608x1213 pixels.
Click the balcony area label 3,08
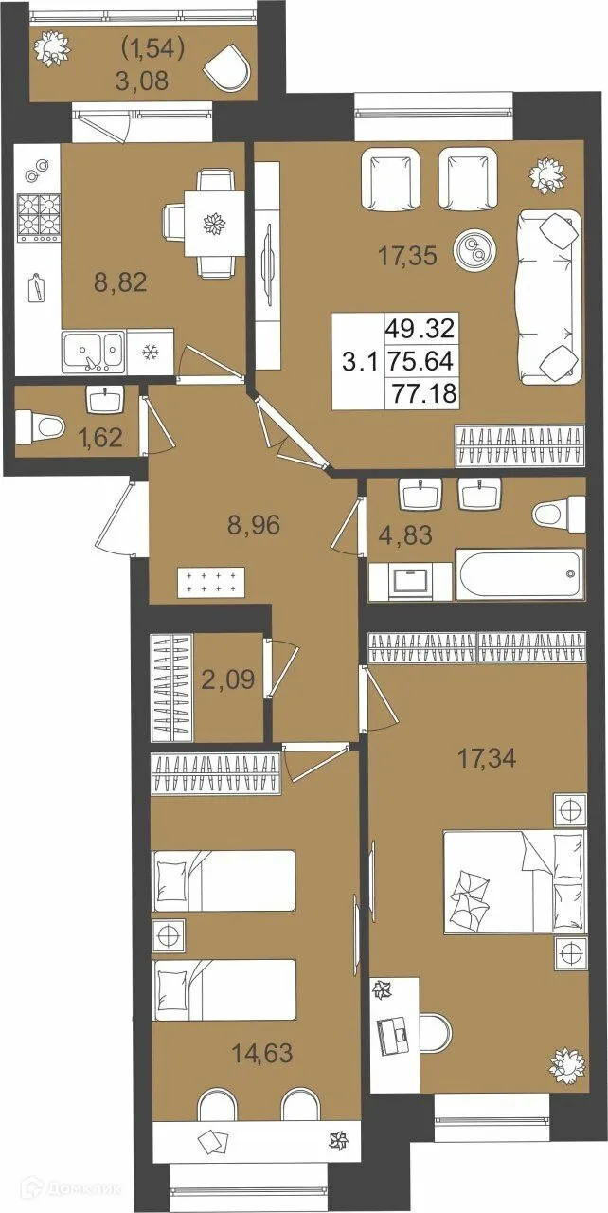142,81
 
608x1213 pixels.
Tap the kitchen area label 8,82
120,282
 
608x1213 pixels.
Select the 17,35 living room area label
407,256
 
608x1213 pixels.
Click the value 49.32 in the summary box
420,329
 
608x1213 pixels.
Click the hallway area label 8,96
254,525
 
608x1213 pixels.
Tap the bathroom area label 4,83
406,535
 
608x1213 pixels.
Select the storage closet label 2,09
227,679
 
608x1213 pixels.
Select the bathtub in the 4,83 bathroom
520,574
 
